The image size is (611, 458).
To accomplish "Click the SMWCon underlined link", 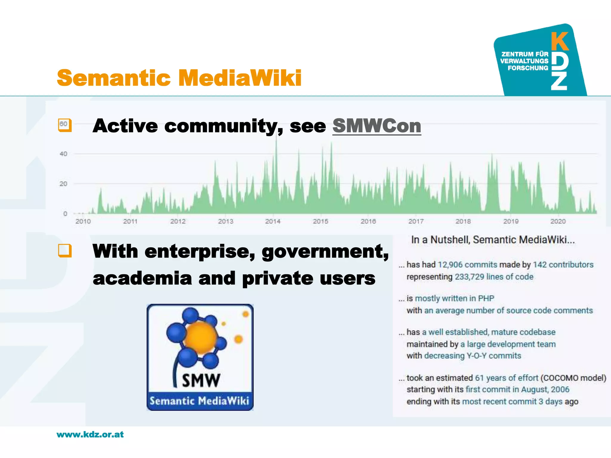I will [x=377, y=126].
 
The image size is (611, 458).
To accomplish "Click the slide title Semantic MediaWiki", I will [x=179, y=78].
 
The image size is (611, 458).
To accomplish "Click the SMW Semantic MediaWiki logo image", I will [x=200, y=357].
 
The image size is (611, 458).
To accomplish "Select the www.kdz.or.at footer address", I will [x=90, y=434].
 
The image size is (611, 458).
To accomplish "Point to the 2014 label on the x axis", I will [x=273, y=221].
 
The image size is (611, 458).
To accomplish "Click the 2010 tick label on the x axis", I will [x=83, y=221].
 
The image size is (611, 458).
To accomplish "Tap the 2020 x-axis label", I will [x=558, y=221].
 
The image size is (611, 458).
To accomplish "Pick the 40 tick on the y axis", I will [x=63, y=154].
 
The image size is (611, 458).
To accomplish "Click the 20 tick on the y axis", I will [x=63, y=184].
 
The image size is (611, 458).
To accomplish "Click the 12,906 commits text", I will [x=467, y=265].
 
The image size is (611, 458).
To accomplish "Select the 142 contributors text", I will [x=563, y=265].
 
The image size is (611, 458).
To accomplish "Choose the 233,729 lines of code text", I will [x=494, y=277].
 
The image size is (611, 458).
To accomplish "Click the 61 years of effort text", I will [x=506, y=378].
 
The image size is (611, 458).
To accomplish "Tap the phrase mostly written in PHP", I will [x=454, y=298].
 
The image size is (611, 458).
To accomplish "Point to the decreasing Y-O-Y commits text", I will [x=472, y=356].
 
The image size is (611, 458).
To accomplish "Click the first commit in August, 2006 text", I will [x=517, y=389].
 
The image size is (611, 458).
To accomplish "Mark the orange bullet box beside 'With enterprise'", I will [x=65, y=250].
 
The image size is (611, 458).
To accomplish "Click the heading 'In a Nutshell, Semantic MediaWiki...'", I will [x=493, y=240].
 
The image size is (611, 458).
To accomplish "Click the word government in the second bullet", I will [x=325, y=252].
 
